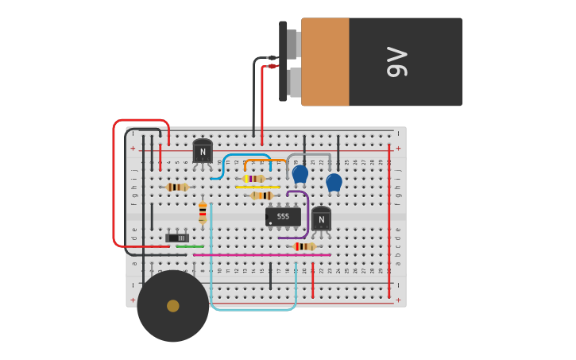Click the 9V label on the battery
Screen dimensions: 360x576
(x=397, y=62)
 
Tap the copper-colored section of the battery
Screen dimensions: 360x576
(x=325, y=62)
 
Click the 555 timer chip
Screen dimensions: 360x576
(x=283, y=216)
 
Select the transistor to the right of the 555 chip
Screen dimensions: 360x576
(x=321, y=219)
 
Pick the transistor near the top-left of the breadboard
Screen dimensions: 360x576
(x=203, y=151)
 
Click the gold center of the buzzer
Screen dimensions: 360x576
(x=173, y=306)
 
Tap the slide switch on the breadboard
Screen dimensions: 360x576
(x=177, y=238)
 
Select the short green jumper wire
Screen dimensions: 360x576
(x=190, y=246)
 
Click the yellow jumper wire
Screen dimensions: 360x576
(x=257, y=187)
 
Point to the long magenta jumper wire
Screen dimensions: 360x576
(x=262, y=255)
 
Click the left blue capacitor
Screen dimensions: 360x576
(x=300, y=174)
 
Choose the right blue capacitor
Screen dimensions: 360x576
(x=334, y=183)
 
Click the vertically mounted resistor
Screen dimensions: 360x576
(x=203, y=211)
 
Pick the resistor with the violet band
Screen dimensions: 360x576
(x=253, y=179)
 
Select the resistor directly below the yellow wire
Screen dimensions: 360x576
(x=262, y=195)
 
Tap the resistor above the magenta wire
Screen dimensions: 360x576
(x=303, y=246)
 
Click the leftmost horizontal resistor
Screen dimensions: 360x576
(x=177, y=187)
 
